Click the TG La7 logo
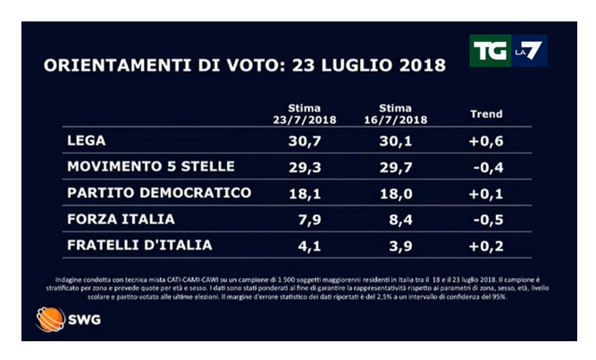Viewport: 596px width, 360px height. click(508, 51)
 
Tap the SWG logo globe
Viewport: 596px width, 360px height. click(46, 319)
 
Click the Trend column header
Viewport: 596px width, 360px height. click(486, 114)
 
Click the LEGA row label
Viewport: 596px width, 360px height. click(85, 141)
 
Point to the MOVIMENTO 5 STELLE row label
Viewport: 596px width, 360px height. click(150, 167)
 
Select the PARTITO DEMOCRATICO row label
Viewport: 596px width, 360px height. click(159, 193)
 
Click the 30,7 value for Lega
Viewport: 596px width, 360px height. click(307, 141)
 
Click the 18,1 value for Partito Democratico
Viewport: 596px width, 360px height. click(307, 193)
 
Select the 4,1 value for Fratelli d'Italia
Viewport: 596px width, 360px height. click(311, 245)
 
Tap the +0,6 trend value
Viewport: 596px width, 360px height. click(487, 141)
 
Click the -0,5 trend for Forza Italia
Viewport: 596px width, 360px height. click(487, 219)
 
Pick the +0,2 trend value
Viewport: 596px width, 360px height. click(487, 245)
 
